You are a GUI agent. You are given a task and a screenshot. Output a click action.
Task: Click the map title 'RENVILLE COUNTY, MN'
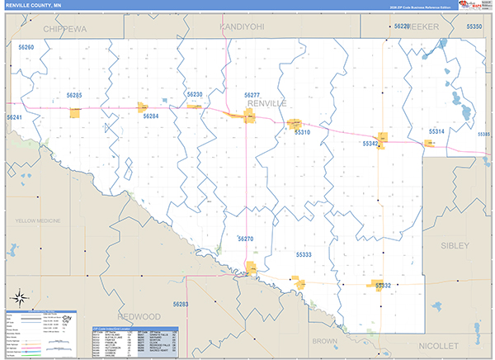[x=34, y=6]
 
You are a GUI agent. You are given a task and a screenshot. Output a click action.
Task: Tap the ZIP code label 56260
[x=26, y=48]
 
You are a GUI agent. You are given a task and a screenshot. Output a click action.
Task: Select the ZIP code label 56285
[x=74, y=96]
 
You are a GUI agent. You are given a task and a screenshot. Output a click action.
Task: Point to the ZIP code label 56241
[x=14, y=118]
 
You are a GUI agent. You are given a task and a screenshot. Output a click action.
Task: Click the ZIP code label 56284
[x=150, y=116]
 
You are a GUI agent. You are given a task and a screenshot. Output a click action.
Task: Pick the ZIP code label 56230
[x=194, y=95]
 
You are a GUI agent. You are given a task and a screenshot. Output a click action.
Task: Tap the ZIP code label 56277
[x=252, y=96]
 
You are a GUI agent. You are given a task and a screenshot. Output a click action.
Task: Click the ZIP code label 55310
[x=302, y=132]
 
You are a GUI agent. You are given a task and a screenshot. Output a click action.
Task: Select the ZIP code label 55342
[x=370, y=144]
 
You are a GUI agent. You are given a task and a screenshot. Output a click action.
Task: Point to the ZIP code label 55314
[x=436, y=131]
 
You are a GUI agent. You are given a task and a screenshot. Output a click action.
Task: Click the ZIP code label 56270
[x=245, y=239]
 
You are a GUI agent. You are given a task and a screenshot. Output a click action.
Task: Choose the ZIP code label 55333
[x=304, y=255]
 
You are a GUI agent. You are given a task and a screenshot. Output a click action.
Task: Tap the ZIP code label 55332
[x=382, y=285]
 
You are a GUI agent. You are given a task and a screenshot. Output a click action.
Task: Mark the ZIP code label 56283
[x=181, y=305]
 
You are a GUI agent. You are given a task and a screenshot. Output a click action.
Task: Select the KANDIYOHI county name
[x=242, y=27]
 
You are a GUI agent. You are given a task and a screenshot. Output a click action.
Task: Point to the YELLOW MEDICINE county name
[x=39, y=221]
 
